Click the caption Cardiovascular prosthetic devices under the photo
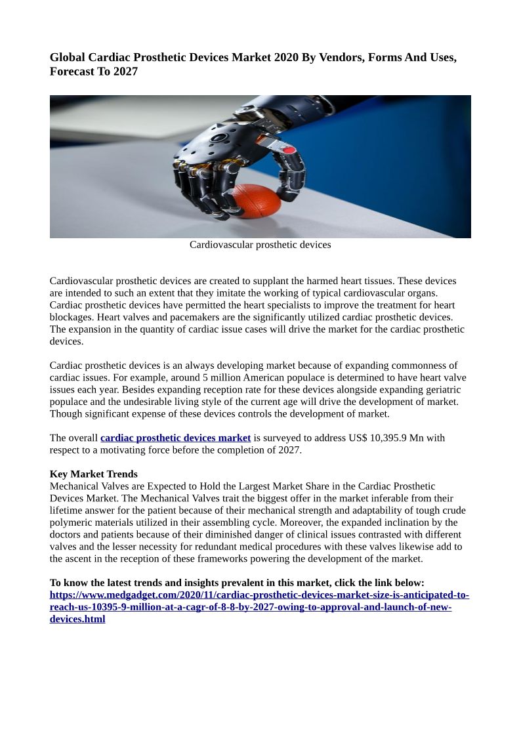pyautogui.click(x=260, y=245)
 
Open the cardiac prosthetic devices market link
pyautogui.click(x=175, y=438)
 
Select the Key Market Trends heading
pyautogui.click(x=94, y=474)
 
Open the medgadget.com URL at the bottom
pyautogui.click(x=259, y=595)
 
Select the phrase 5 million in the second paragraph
pyautogui.click(x=226, y=377)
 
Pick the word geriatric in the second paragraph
pyautogui.click(x=441, y=389)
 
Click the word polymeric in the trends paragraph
pyautogui.click(x=70, y=522)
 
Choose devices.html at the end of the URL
pyautogui.click(x=77, y=619)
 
